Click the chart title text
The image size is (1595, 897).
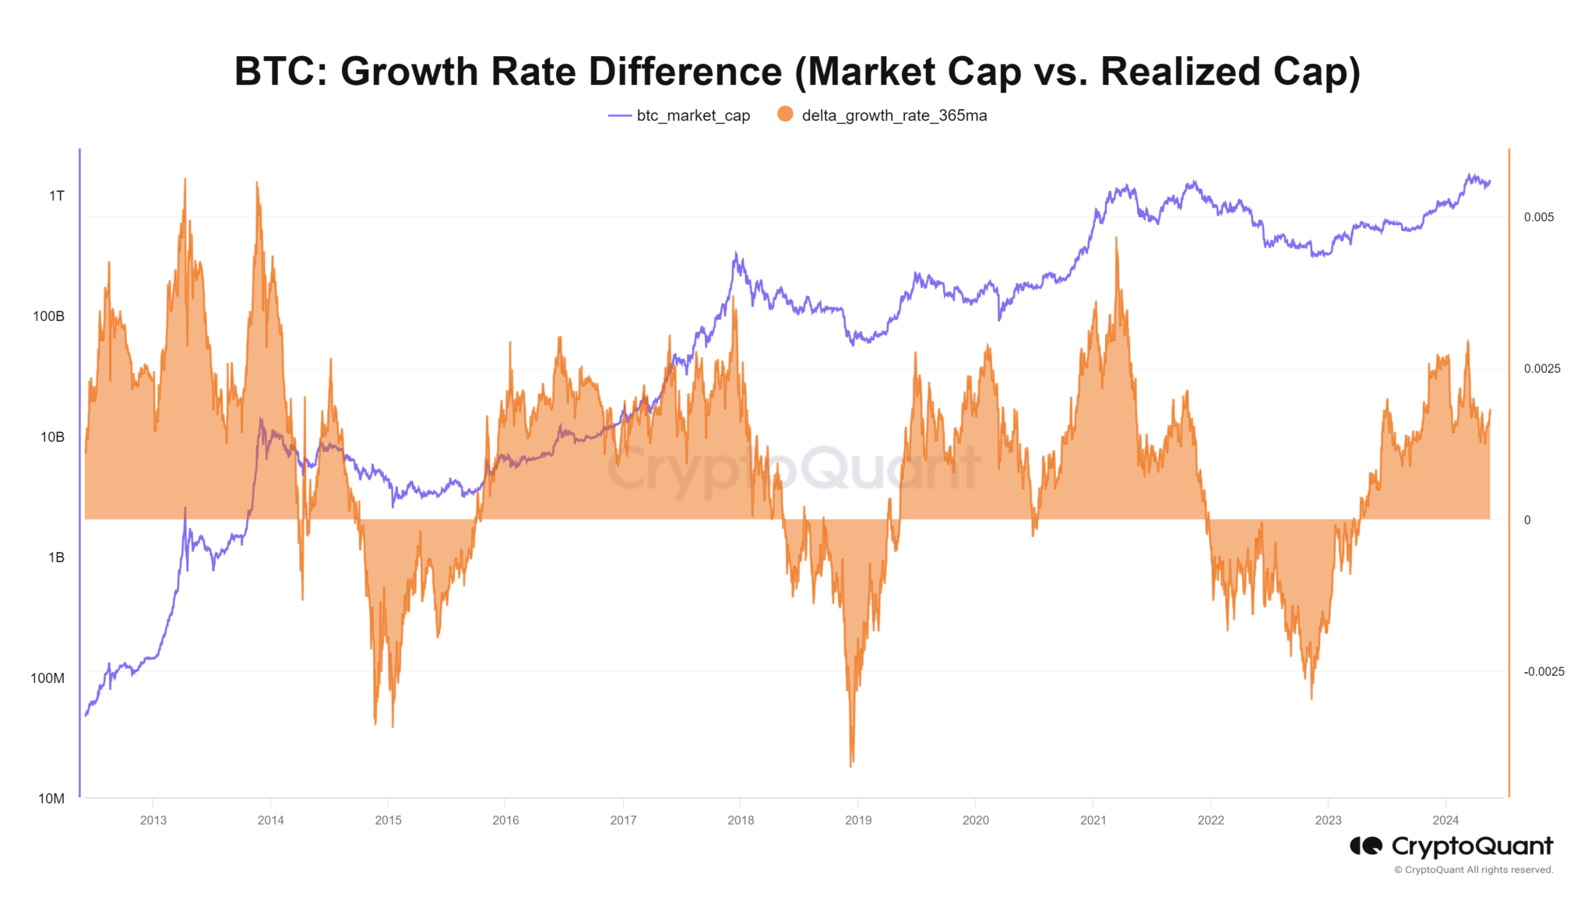pyautogui.click(x=797, y=72)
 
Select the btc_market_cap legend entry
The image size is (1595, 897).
pyautogui.click(x=679, y=115)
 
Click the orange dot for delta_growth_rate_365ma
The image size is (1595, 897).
pyautogui.click(x=785, y=114)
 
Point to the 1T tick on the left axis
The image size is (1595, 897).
pyautogui.click(x=57, y=195)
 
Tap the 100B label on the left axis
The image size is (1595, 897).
pyautogui.click(x=48, y=316)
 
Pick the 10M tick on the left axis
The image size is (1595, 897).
pyautogui.click(x=51, y=798)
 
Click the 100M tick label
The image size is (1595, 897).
pyautogui.click(x=48, y=678)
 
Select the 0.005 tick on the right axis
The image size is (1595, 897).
pyautogui.click(x=1539, y=217)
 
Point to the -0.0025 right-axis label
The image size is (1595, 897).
pyautogui.click(x=1544, y=672)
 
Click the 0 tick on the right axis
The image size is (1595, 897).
pyautogui.click(x=1527, y=520)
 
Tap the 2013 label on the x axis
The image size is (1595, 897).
pyautogui.click(x=153, y=820)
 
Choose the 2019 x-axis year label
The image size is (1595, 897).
pyautogui.click(x=858, y=820)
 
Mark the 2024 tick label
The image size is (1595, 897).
pyautogui.click(x=1445, y=820)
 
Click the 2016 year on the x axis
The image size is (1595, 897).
pyautogui.click(x=505, y=820)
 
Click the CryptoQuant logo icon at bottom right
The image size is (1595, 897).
pyautogui.click(x=1366, y=846)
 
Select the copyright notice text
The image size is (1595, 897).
pyautogui.click(x=1474, y=870)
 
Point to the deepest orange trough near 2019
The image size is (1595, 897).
pyautogui.click(x=851, y=765)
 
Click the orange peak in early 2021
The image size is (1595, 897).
pyautogui.click(x=1117, y=238)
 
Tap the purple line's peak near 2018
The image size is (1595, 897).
pyautogui.click(x=736, y=253)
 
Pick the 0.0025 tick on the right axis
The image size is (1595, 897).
pyautogui.click(x=1542, y=368)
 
